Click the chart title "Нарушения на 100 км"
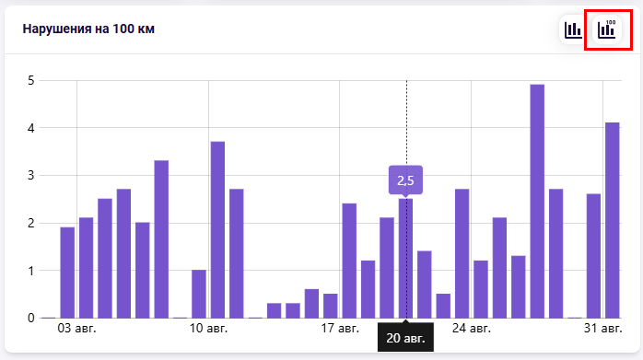pyautogui.click(x=88, y=29)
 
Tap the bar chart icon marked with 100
pyautogui.click(x=607, y=29)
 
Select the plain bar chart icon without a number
pyautogui.click(x=573, y=29)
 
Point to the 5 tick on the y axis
pyautogui.click(x=31, y=80)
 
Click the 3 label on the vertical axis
pyautogui.click(x=31, y=176)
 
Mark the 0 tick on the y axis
pyautogui.click(x=31, y=318)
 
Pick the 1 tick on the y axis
pyautogui.click(x=31, y=271)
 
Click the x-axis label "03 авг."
pyautogui.click(x=76, y=329)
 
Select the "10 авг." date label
pyautogui.click(x=208, y=329)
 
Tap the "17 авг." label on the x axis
pyautogui.click(x=340, y=329)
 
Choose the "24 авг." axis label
pyautogui.click(x=471, y=329)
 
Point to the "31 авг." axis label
pyautogui.click(x=602, y=329)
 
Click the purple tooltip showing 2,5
pyautogui.click(x=405, y=180)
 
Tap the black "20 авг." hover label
pyautogui.click(x=405, y=338)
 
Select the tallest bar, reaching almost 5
pyautogui.click(x=537, y=202)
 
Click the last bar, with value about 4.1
pyautogui.click(x=613, y=220)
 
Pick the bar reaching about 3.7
pyautogui.click(x=217, y=229)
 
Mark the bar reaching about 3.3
pyautogui.click(x=161, y=239)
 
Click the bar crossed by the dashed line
pyautogui.click(x=405, y=259)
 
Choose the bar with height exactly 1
pyautogui.click(x=199, y=294)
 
